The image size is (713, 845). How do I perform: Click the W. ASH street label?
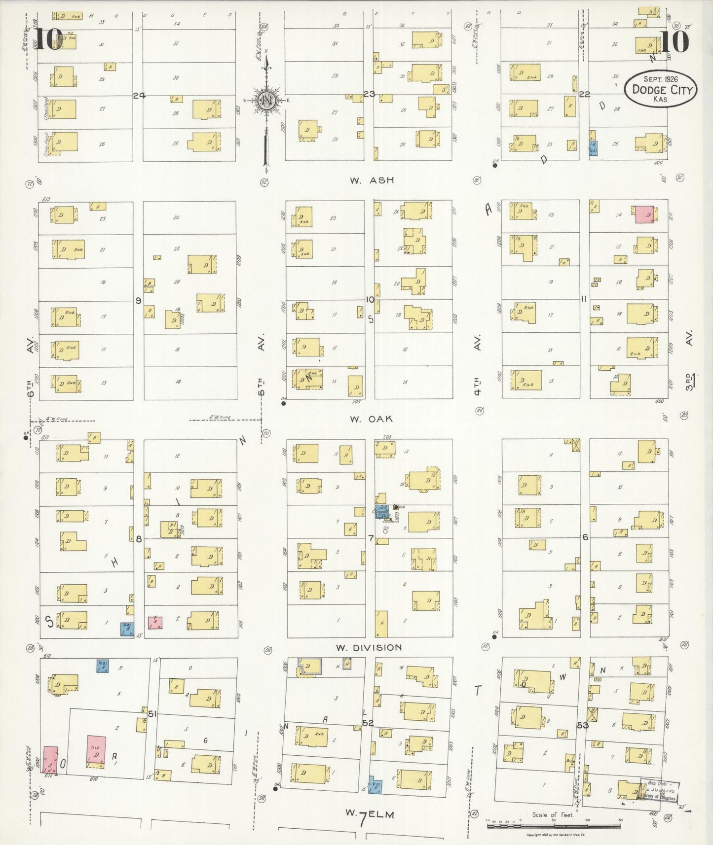pyautogui.click(x=372, y=180)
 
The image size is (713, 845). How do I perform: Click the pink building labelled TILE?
pyautogui.click(x=96, y=751)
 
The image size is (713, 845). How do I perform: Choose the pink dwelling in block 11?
pyautogui.click(x=644, y=214)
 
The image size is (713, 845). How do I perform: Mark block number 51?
pyautogui.click(x=152, y=713)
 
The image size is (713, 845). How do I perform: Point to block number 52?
pyautogui.click(x=368, y=723)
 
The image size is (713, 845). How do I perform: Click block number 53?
pyautogui.click(x=583, y=725)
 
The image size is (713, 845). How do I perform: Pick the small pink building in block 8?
pyautogui.click(x=155, y=622)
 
